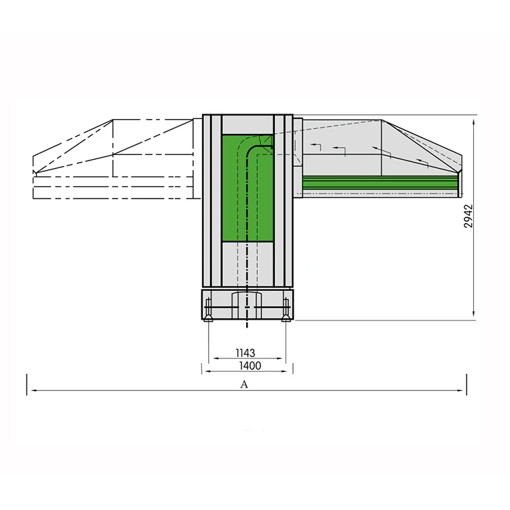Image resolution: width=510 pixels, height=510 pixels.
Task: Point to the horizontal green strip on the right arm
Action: click(377, 182)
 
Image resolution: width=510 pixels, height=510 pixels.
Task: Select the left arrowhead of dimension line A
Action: click(30, 391)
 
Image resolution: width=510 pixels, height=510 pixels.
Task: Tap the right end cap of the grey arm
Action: click(459, 180)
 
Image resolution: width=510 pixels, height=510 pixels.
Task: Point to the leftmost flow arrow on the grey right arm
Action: click(316, 146)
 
